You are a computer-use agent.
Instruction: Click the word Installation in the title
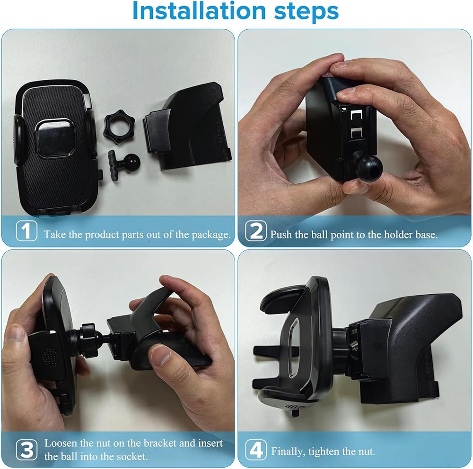pos(199,11)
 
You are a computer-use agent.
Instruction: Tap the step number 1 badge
pos(26,231)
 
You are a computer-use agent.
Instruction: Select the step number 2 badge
pos(256,231)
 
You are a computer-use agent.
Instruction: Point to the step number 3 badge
pos(26,450)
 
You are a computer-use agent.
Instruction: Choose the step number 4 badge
pos(256,450)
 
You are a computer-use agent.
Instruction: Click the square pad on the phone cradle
pos(54,138)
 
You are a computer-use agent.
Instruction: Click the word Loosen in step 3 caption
pos(61,443)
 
